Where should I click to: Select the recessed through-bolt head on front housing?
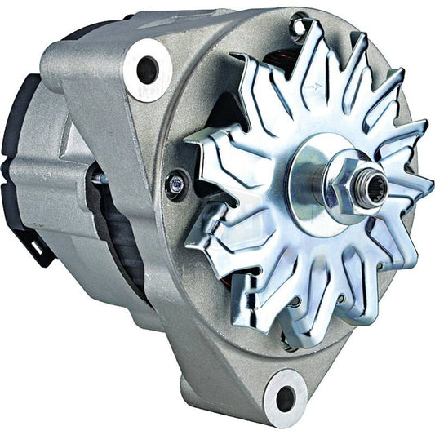coord(175,184)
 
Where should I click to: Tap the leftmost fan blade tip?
coord(186,144)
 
